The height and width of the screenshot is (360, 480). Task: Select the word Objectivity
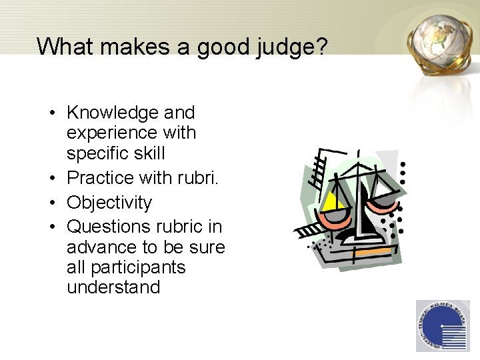coord(109,202)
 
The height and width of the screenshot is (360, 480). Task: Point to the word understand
coord(113,287)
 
